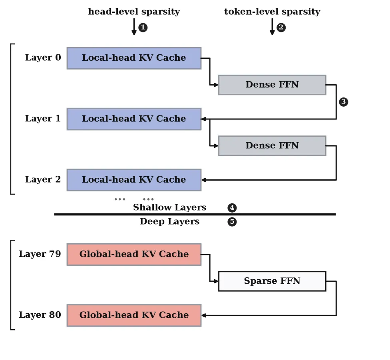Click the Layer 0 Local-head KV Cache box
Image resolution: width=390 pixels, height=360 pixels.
(x=134, y=58)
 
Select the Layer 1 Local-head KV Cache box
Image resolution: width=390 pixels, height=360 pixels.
(x=134, y=119)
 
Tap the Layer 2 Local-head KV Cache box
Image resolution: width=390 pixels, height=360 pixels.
(x=134, y=180)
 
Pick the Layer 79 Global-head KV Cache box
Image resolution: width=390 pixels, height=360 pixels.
(x=134, y=255)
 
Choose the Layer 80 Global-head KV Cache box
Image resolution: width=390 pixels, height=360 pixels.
(x=134, y=316)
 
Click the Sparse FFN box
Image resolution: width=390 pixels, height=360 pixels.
(x=272, y=281)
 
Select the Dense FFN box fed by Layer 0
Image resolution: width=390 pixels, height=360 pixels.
(x=272, y=85)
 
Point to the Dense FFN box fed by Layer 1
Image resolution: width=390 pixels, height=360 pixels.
(x=272, y=146)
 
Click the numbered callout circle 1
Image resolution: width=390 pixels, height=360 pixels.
(x=143, y=27)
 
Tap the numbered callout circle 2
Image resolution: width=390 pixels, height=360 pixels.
(x=281, y=27)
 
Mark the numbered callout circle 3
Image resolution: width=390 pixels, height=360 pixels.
(x=344, y=101)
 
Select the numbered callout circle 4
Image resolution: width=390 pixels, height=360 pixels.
(x=232, y=208)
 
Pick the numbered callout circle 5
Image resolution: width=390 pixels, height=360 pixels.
(x=232, y=221)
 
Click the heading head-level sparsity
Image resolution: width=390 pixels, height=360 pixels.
(x=134, y=12)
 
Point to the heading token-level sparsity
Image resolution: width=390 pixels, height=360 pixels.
(x=272, y=12)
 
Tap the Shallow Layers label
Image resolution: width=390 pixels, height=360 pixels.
(x=170, y=208)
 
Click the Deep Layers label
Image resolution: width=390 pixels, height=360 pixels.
(x=170, y=221)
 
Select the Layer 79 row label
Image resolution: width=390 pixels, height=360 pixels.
(x=40, y=254)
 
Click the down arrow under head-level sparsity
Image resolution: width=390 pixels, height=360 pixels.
(x=134, y=27)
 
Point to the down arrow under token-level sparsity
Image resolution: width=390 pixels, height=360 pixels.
(x=272, y=27)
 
